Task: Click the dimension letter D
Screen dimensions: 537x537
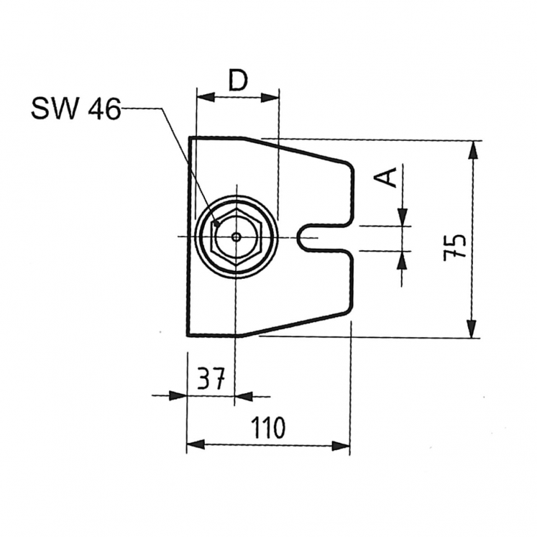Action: tap(237, 81)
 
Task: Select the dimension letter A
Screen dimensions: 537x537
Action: tap(388, 176)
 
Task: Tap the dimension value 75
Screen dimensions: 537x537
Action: tap(454, 247)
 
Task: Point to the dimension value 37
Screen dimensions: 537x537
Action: tap(211, 379)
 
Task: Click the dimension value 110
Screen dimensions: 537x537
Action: tap(268, 428)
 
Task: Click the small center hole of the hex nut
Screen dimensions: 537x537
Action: tap(236, 237)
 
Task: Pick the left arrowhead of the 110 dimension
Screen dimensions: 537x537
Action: tap(195, 446)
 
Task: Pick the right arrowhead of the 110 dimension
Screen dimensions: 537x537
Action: tap(341, 446)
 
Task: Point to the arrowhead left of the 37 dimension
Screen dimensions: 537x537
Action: tap(178, 395)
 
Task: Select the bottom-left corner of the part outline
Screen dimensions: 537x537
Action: tap(188, 335)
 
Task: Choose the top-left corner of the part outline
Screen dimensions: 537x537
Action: tap(191, 137)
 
